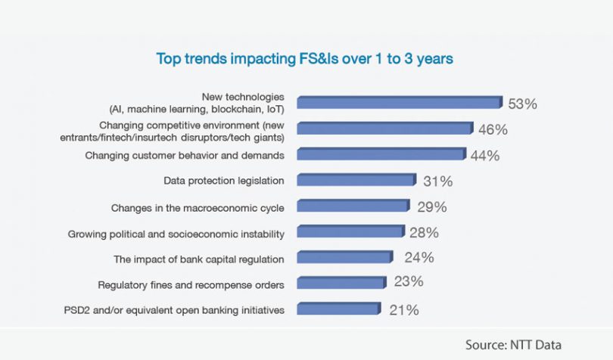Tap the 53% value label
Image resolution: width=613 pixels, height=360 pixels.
522,104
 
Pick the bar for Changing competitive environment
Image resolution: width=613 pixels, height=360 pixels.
384,129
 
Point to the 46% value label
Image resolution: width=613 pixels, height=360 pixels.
493,129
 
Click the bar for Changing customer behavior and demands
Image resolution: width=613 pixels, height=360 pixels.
381,155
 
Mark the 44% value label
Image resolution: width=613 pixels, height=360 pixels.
485,156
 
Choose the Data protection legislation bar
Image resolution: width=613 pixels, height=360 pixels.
356,181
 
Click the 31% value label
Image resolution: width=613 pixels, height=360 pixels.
437,182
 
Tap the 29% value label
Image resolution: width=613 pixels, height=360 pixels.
431,206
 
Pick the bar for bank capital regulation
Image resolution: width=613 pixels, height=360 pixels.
344,258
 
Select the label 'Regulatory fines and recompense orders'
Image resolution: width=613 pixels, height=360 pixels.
191,285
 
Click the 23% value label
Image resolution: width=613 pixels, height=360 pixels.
408,282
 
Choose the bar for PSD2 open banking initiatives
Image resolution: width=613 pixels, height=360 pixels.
338,309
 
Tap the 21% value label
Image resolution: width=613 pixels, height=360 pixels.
403,309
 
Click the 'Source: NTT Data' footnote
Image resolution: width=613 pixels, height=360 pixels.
513,345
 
